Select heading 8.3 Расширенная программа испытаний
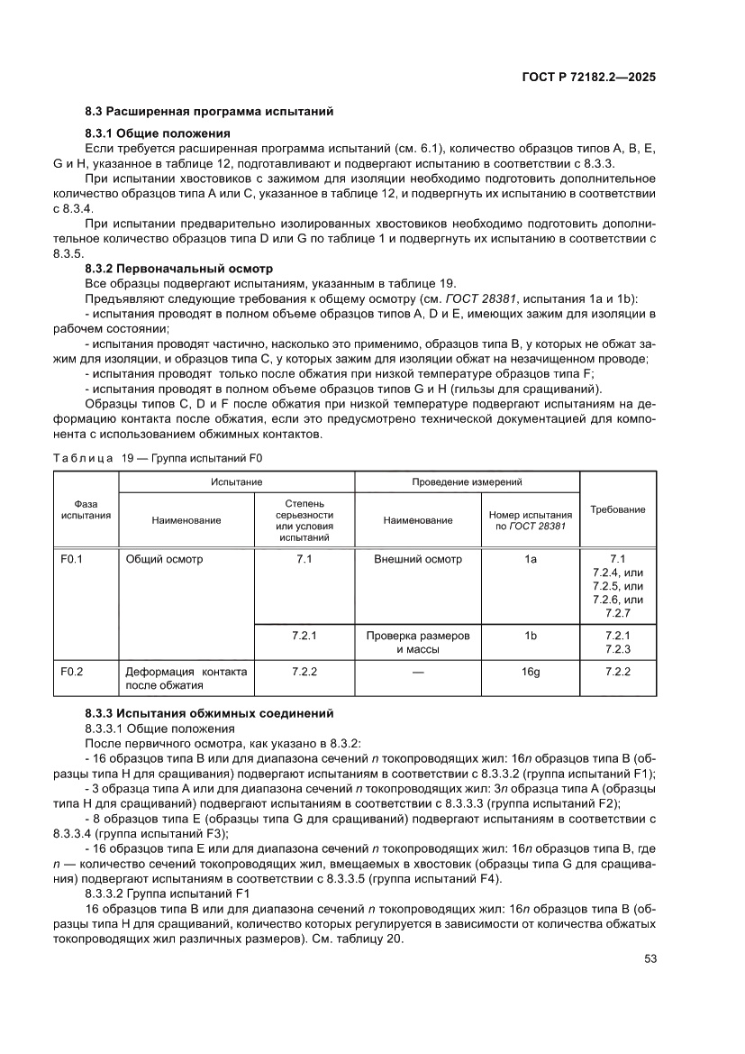(209, 112)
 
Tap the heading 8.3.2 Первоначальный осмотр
(178, 269)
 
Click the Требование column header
(617, 509)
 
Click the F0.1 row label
(72, 559)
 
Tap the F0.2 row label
(72, 672)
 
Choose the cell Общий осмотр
(165, 559)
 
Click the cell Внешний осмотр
(418, 559)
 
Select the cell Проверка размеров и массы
(418, 642)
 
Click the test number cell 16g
(530, 672)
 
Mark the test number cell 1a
(530, 559)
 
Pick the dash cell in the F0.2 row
(418, 672)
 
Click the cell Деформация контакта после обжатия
(186, 678)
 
